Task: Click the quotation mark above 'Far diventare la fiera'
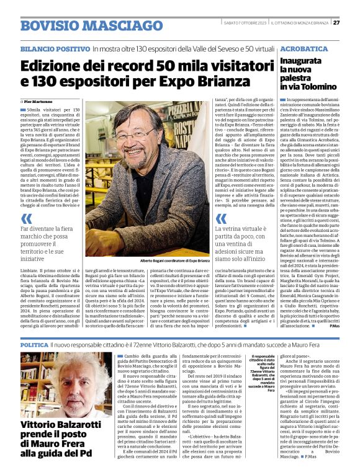pos(25,219)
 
